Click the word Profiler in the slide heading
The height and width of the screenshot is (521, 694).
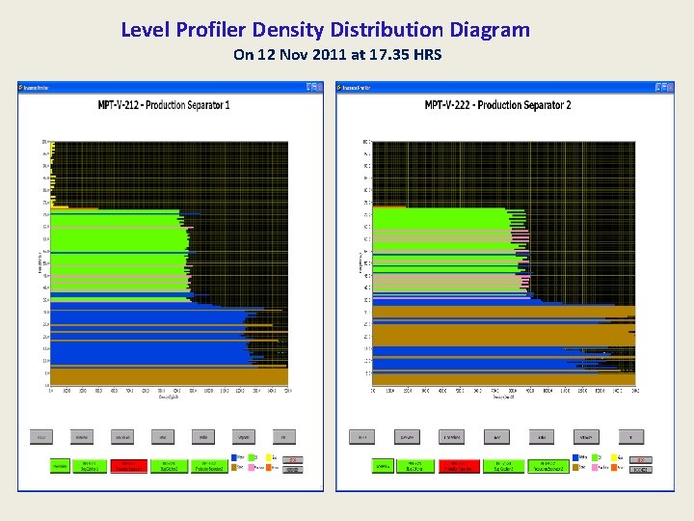pyautogui.click(x=209, y=30)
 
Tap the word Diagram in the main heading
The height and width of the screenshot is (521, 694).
pyautogui.click(x=492, y=30)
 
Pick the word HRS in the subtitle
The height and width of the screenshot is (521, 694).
pyautogui.click(x=425, y=55)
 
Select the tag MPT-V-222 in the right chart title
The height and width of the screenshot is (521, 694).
pyautogui.click(x=446, y=104)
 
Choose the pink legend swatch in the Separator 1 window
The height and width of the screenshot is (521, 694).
pyautogui.click(x=253, y=467)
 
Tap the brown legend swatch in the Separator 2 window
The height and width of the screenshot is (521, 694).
pyautogui.click(x=575, y=467)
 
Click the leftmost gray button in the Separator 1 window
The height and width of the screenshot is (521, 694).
pyautogui.click(x=41, y=436)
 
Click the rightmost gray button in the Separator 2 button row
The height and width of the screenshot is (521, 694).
pyautogui.click(x=631, y=436)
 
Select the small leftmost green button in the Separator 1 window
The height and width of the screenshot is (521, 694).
pyautogui.click(x=61, y=465)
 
